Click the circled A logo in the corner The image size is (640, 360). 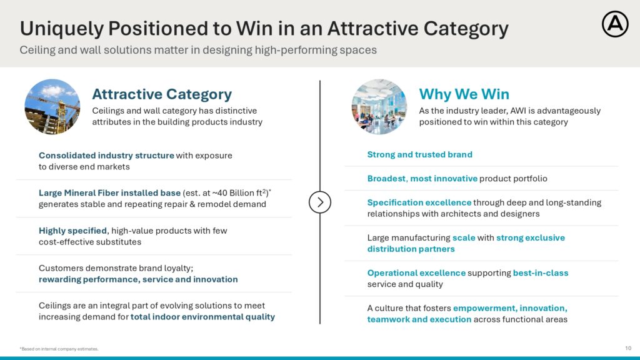[x=615, y=24]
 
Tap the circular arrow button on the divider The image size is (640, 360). [x=319, y=202]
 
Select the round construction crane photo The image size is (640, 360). [x=52, y=106]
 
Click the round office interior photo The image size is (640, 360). [x=379, y=106]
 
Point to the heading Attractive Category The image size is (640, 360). [x=162, y=94]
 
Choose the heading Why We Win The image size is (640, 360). [x=464, y=94]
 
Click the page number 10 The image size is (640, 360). [x=628, y=348]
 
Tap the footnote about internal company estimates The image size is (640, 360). [x=59, y=349]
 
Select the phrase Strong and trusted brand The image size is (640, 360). [x=419, y=154]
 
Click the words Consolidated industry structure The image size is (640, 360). [x=106, y=156]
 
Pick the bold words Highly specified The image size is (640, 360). [x=72, y=231]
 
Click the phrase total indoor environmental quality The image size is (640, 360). [x=202, y=317]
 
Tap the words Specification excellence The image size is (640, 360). [x=419, y=202]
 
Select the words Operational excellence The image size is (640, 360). [x=416, y=272]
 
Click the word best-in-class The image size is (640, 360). [x=541, y=272]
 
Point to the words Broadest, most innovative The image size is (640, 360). [x=422, y=178]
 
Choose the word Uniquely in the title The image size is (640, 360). [x=62, y=29]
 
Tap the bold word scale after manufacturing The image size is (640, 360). [x=464, y=237]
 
